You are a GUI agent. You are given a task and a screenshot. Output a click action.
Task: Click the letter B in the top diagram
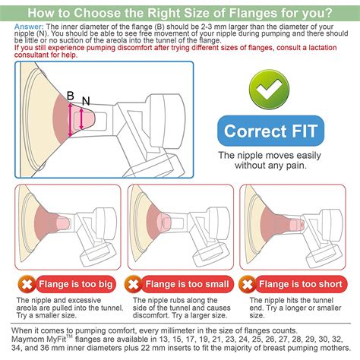[71, 96]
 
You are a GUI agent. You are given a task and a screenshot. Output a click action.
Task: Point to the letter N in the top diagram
[85, 101]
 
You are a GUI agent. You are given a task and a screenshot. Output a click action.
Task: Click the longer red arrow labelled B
[71, 120]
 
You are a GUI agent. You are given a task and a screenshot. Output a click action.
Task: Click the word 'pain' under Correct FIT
[294, 165]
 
